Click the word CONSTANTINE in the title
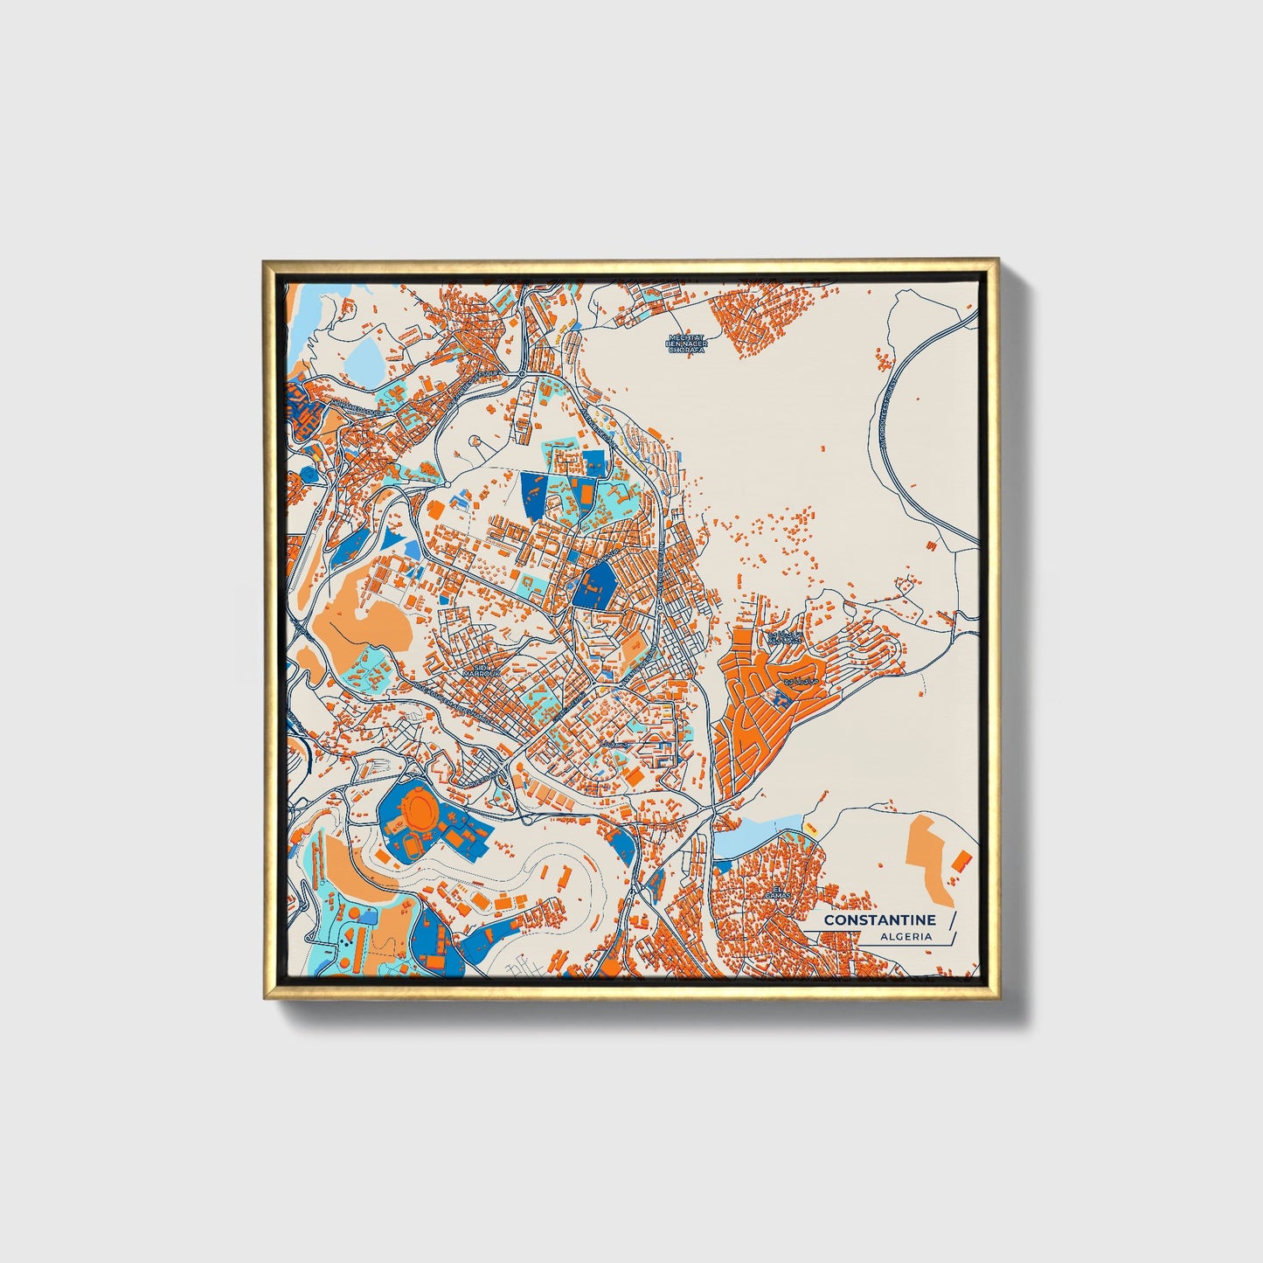coord(879,919)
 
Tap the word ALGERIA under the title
coord(906,936)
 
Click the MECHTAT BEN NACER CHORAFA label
coord(686,344)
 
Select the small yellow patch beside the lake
coord(810,828)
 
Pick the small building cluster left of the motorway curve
coord(884,357)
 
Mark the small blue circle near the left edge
coord(307,472)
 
